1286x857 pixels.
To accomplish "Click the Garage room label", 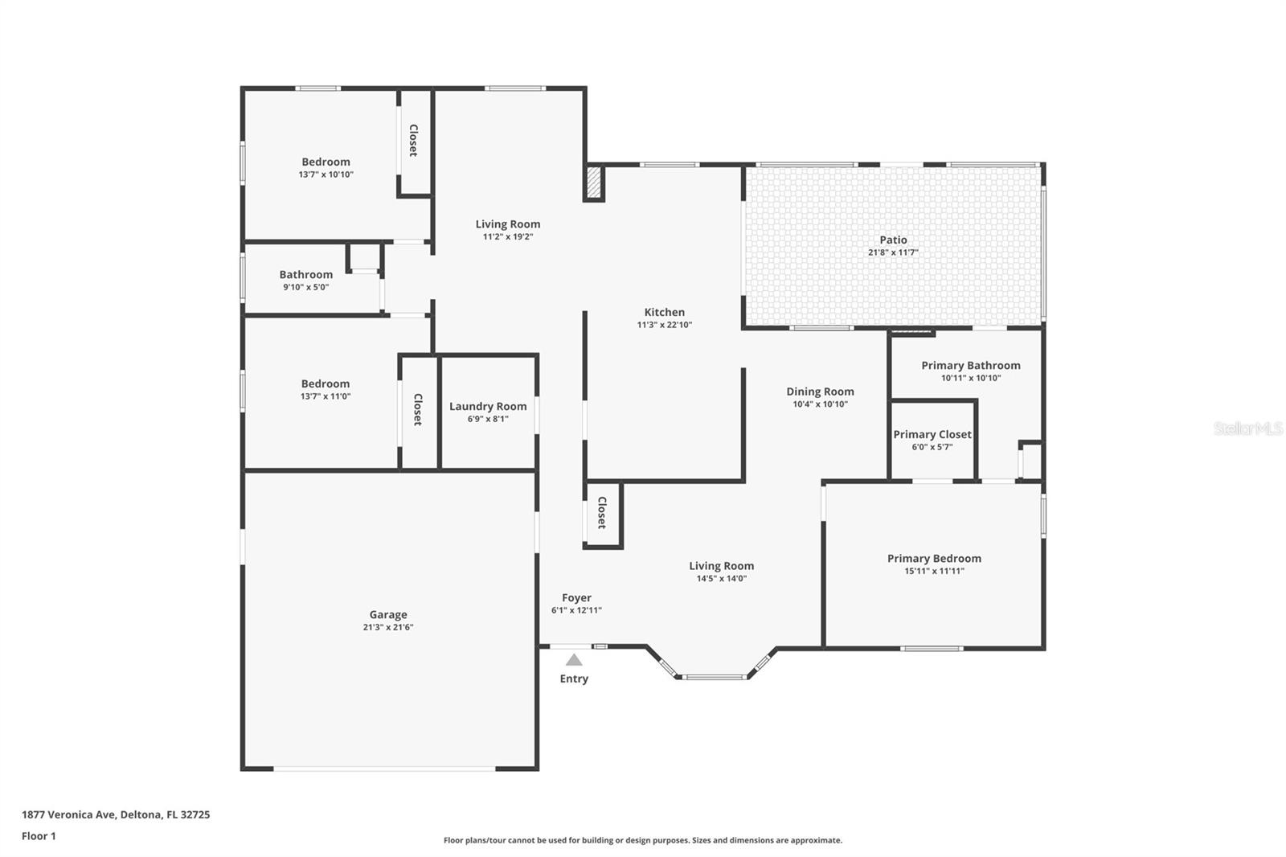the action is point(388,614).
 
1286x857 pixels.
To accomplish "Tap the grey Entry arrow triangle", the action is point(574,660).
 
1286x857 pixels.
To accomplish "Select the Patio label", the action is point(893,240).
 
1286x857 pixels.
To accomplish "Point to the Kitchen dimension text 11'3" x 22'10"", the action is point(664,325).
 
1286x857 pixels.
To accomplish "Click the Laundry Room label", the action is point(488,406).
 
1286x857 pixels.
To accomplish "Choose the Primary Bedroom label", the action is point(934,558).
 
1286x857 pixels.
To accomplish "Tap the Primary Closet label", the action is point(932,434).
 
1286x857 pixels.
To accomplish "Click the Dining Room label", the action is point(820,392).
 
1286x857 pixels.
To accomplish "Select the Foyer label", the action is point(576,597).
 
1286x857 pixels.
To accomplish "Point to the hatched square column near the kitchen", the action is point(594,182).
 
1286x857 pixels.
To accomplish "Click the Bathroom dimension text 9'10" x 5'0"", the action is point(305,287).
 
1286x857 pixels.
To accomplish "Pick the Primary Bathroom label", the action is point(971,365).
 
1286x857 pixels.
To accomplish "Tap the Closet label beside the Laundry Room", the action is point(418,409).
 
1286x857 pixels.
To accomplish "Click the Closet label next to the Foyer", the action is point(602,512).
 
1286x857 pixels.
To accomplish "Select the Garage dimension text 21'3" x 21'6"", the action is point(388,626).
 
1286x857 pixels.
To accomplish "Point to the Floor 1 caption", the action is point(39,836).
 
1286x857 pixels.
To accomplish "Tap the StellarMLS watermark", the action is point(1248,428).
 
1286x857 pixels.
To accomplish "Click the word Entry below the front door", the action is point(574,679).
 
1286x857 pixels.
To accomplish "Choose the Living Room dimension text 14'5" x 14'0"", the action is point(722,578).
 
